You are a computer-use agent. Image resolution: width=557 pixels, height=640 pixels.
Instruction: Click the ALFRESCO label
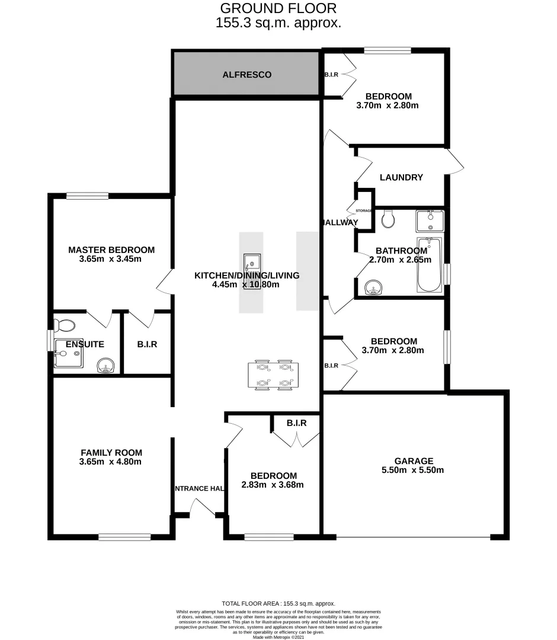pos(247,75)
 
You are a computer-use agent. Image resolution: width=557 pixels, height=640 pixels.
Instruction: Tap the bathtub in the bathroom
pos(429,265)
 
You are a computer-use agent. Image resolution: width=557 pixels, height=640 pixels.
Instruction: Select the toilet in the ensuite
pos(63,325)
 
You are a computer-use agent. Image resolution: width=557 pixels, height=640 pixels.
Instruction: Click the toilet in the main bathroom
pos(389,219)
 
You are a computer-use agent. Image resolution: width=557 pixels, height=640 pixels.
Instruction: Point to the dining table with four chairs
pos(273,375)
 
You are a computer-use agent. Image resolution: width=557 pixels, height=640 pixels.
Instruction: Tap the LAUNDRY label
pos(401,177)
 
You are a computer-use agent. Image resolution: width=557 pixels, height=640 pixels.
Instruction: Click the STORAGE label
pos(363,211)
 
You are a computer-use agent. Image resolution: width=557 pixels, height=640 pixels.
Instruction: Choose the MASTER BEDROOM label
pos(111,249)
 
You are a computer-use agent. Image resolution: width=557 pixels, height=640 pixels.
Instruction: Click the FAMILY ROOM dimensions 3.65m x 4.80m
pos(111,462)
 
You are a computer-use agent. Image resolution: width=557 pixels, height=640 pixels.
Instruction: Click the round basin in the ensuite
pos(105,366)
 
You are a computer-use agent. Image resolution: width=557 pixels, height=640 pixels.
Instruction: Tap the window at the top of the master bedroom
pos(87,196)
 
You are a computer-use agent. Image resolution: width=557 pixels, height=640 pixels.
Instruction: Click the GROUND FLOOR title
pos(278,8)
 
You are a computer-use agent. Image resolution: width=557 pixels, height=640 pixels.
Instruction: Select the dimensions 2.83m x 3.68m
pos(273,485)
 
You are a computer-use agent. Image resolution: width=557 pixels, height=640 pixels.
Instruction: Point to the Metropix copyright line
pos(278,637)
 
